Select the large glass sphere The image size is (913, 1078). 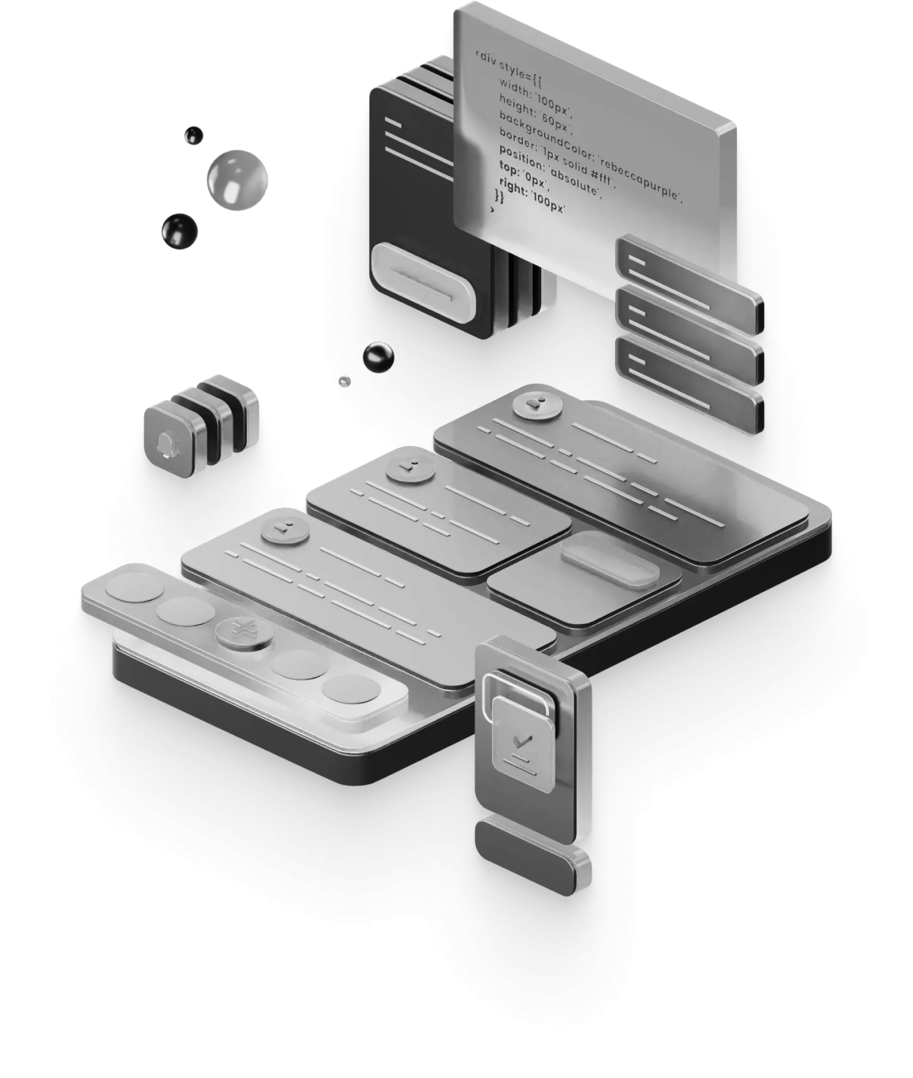click(x=237, y=180)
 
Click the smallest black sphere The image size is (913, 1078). click(x=194, y=135)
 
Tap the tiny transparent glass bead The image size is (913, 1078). click(x=345, y=381)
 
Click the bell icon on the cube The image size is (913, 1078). click(x=166, y=445)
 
